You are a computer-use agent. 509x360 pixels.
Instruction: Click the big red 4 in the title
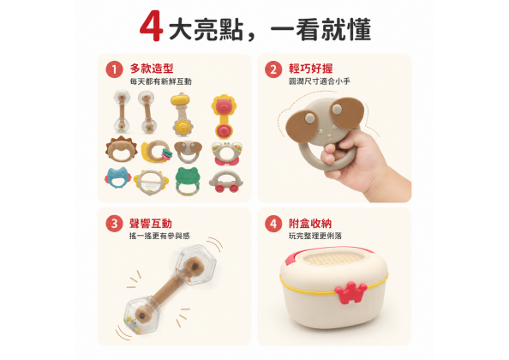click(152, 26)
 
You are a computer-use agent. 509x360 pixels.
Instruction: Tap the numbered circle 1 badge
click(114, 69)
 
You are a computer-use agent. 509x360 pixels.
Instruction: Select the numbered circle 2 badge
click(273, 69)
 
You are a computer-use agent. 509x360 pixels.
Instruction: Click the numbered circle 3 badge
click(114, 224)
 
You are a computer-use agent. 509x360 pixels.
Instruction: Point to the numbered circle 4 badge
click(273, 224)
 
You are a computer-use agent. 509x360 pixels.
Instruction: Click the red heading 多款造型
click(152, 69)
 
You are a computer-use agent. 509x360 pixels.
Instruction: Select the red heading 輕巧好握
click(311, 69)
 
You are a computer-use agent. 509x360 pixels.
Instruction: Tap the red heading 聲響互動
click(151, 224)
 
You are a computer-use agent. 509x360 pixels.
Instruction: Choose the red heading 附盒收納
click(310, 224)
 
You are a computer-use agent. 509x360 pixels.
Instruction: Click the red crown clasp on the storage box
click(351, 292)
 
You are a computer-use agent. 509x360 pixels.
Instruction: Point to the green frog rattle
click(188, 181)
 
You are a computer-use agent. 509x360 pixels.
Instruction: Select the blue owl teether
click(117, 177)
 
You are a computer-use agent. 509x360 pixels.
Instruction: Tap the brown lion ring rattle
click(121, 149)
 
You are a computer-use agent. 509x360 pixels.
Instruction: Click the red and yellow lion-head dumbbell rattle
click(224, 116)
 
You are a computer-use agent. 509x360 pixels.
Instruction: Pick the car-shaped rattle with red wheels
click(225, 182)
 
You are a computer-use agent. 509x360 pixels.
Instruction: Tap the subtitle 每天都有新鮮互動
click(161, 81)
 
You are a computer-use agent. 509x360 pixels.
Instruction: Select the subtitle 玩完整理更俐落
click(315, 236)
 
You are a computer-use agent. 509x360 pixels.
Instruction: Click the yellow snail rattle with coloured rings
click(157, 151)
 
